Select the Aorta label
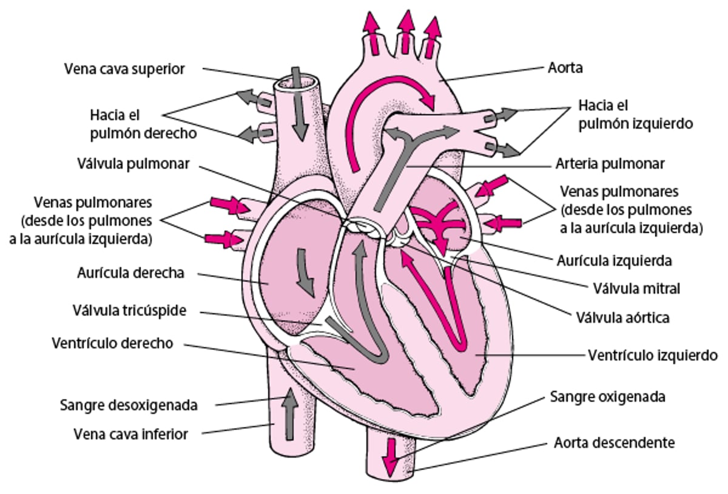(564, 67)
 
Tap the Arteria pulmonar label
(610, 164)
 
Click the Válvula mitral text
(635, 288)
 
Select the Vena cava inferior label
(130, 434)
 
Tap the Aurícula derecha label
(130, 273)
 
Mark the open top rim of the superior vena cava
(295, 81)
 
